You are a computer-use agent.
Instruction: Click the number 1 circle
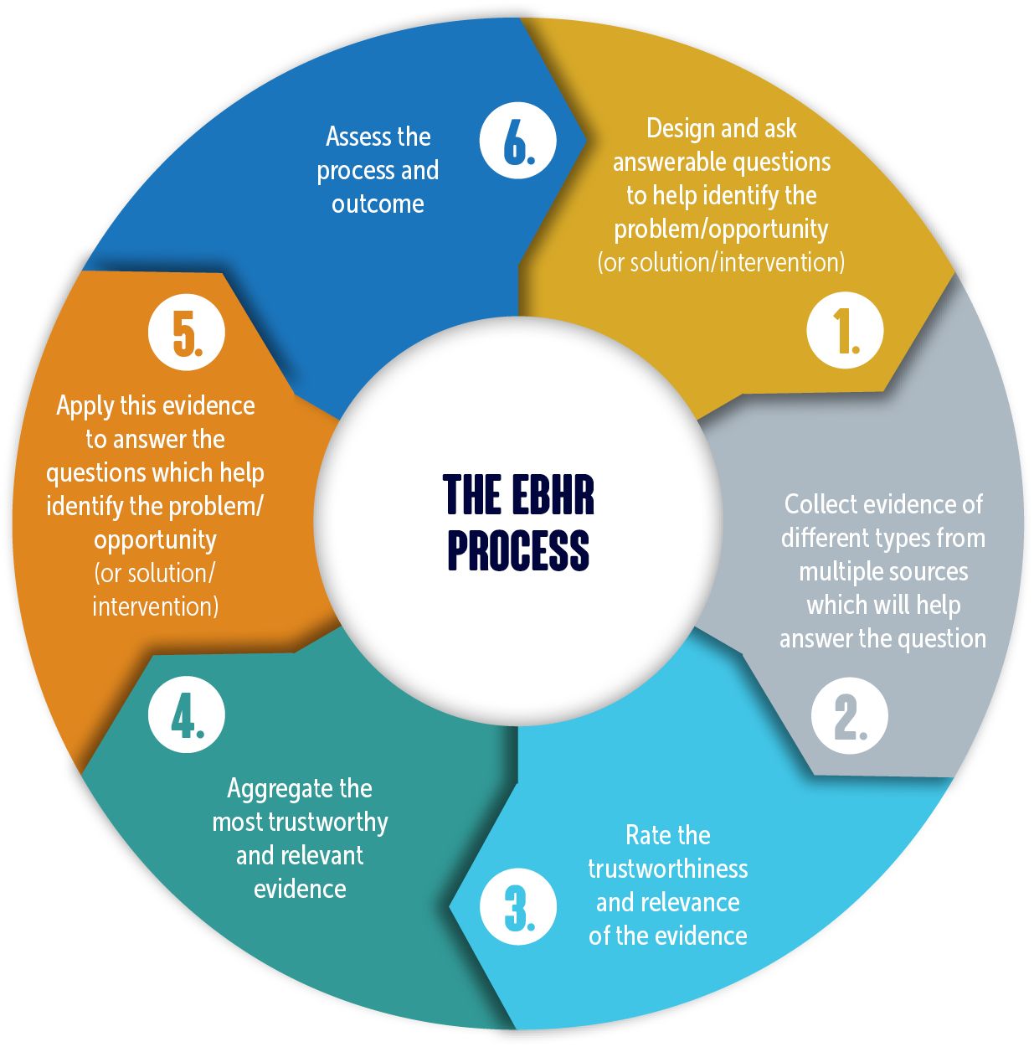click(x=845, y=330)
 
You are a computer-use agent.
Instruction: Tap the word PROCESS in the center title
click(x=518, y=549)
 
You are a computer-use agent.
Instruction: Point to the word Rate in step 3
click(x=646, y=835)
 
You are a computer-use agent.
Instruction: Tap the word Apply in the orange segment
click(x=85, y=406)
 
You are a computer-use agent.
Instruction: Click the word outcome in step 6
click(x=378, y=204)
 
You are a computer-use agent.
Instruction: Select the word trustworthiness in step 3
click(x=667, y=869)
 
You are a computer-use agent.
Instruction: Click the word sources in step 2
click(x=928, y=571)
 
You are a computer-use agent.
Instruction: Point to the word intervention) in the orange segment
click(x=155, y=606)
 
